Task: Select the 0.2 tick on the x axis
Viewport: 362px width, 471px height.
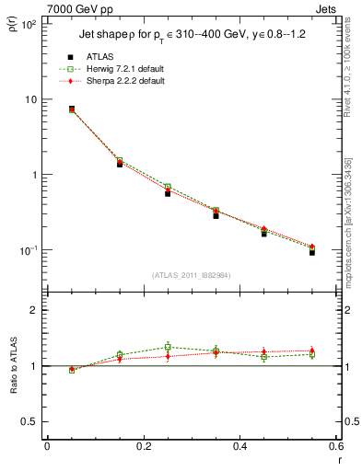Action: pyautogui.click(x=144, y=448)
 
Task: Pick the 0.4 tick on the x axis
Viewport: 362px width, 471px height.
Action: pyautogui.click(x=240, y=448)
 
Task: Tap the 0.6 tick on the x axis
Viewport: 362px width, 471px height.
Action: pyautogui.click(x=336, y=448)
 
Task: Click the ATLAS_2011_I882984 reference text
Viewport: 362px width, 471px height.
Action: pyautogui.click(x=192, y=275)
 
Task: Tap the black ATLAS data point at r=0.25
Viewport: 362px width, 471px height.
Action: pyautogui.click(x=168, y=193)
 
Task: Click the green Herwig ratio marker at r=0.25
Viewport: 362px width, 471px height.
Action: pyautogui.click(x=168, y=347)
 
